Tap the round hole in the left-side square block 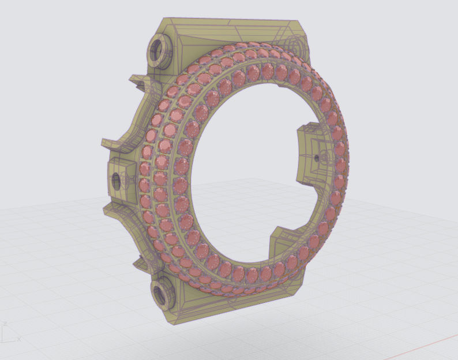tap(115, 179)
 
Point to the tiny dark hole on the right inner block tap(317, 157)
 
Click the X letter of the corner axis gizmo tap(18, 339)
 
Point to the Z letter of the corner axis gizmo tap(4, 324)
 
